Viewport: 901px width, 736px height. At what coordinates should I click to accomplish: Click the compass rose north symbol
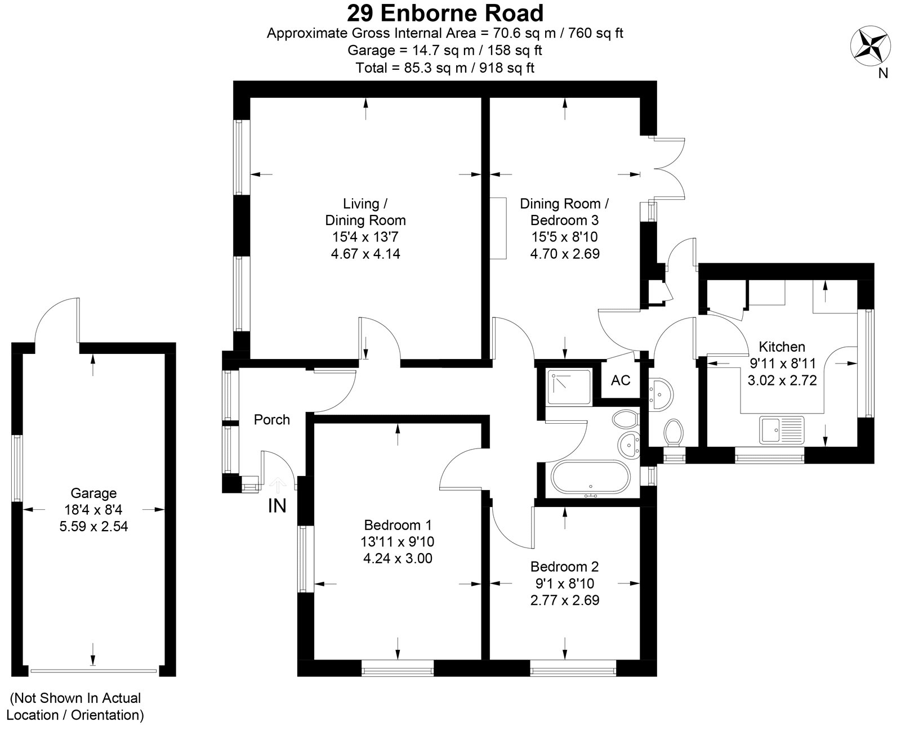coord(870,46)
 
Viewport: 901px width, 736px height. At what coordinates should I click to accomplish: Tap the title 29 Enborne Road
coord(445,12)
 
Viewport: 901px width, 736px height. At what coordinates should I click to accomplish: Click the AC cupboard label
coord(621,380)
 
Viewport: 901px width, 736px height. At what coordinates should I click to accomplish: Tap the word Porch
coord(271,420)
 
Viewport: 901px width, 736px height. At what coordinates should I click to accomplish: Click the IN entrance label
coord(276,506)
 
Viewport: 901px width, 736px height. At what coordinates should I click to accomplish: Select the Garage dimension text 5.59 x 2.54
coord(93,527)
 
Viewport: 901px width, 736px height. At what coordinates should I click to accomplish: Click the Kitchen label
coord(782,347)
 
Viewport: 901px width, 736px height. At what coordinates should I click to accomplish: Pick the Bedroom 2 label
coord(564,566)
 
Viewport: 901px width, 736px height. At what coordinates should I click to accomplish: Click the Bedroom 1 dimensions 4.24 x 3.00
coord(398,559)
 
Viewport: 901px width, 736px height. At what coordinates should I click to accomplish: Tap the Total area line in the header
coord(445,68)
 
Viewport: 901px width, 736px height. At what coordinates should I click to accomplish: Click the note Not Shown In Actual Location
coord(75,707)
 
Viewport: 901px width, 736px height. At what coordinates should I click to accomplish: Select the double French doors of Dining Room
coord(669,168)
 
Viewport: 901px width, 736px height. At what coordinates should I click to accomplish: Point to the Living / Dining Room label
coord(365,212)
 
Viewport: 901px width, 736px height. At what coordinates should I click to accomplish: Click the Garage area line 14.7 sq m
coord(445,51)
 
